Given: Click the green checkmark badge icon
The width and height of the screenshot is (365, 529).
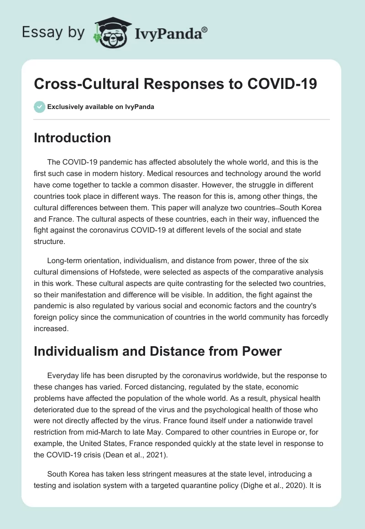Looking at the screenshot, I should (39, 107).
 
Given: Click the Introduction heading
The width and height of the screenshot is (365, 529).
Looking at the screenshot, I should (72, 138).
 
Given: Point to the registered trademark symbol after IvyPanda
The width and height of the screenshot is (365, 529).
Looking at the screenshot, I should (205, 29).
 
